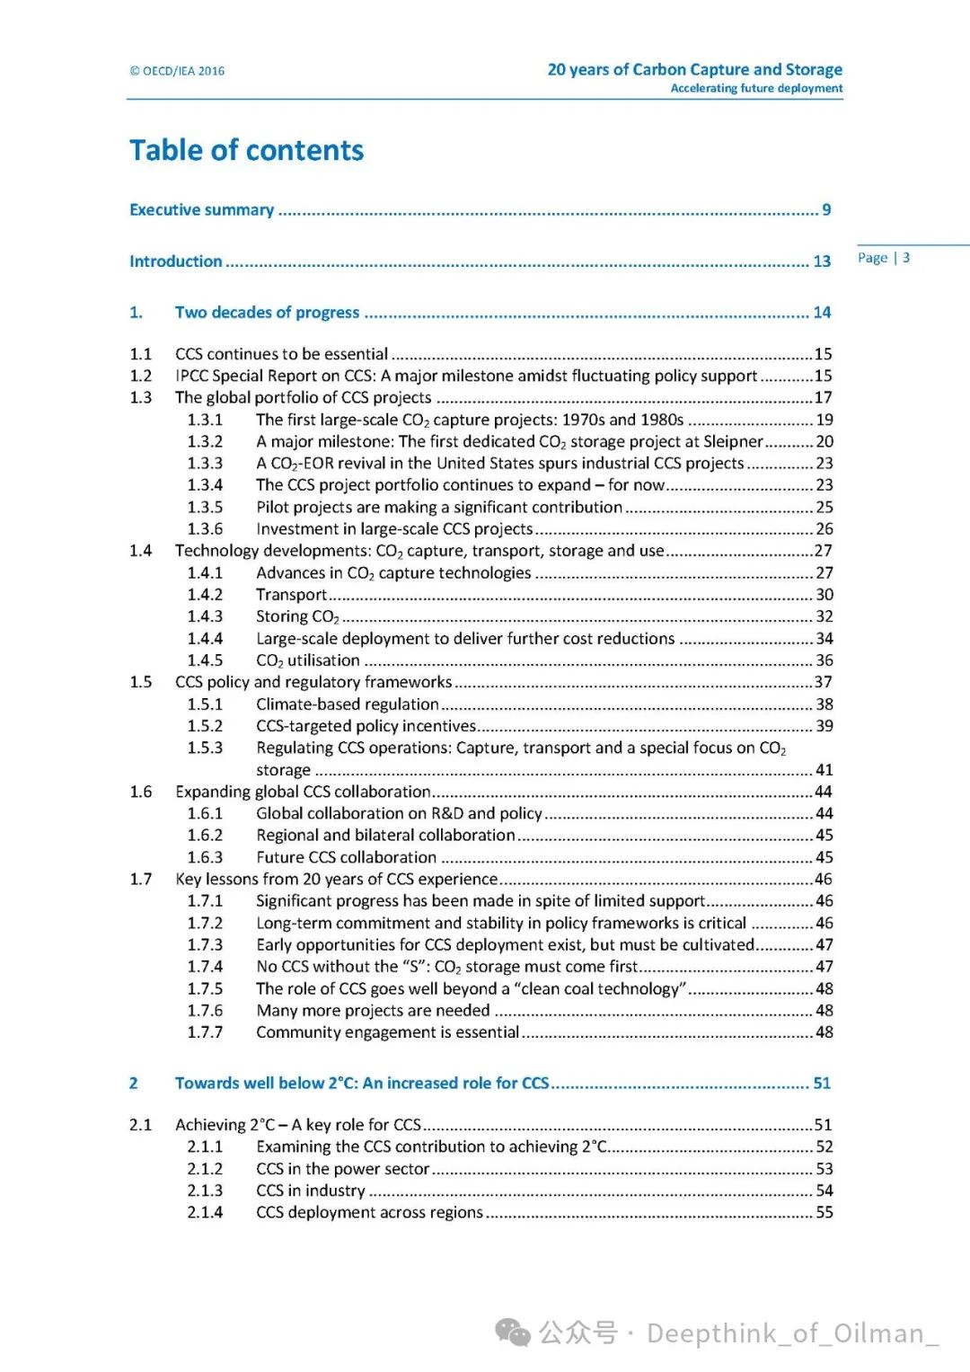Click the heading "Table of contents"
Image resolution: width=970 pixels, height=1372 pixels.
246,150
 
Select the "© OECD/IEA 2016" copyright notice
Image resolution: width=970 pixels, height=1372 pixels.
177,71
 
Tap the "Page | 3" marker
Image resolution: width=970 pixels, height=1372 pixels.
884,258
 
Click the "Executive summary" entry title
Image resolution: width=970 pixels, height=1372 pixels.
202,209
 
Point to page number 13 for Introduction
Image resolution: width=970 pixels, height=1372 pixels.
822,261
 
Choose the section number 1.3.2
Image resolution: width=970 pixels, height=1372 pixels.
205,441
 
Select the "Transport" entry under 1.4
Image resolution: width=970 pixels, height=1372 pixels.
291,595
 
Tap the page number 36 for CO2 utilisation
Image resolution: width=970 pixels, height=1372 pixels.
824,660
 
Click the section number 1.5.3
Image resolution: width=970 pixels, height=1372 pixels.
205,748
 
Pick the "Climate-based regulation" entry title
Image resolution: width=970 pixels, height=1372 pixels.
348,704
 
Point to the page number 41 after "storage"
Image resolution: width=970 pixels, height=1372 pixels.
824,770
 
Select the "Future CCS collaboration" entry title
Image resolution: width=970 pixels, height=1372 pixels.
346,857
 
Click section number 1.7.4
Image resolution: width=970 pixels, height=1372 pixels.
205,967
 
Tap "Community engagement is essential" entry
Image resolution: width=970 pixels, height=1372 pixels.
387,1032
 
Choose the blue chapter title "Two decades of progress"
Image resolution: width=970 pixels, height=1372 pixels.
267,313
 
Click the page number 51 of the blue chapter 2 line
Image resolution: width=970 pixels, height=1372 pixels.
822,1084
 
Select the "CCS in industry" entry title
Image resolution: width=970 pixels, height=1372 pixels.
311,1191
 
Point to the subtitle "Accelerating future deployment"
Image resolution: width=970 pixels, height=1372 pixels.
756,88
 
